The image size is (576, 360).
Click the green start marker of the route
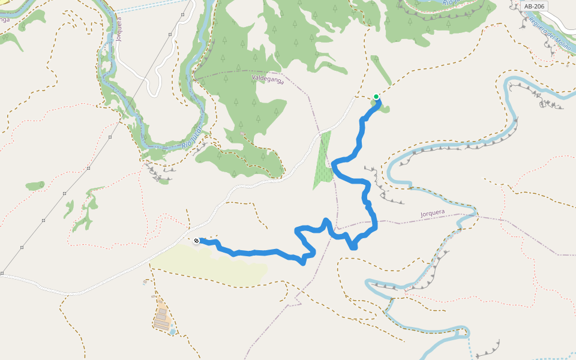(376, 97)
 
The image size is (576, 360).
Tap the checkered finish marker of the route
(196, 241)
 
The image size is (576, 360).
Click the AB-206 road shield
(534, 6)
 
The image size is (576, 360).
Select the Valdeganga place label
(268, 77)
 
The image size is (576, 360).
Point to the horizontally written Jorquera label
(433, 212)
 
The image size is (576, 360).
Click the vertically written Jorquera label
(119, 28)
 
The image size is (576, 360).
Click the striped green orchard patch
(322, 159)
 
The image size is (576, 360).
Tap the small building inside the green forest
(242, 134)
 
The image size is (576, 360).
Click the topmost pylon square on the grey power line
(170, 35)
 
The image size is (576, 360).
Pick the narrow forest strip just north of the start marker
(380, 69)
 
